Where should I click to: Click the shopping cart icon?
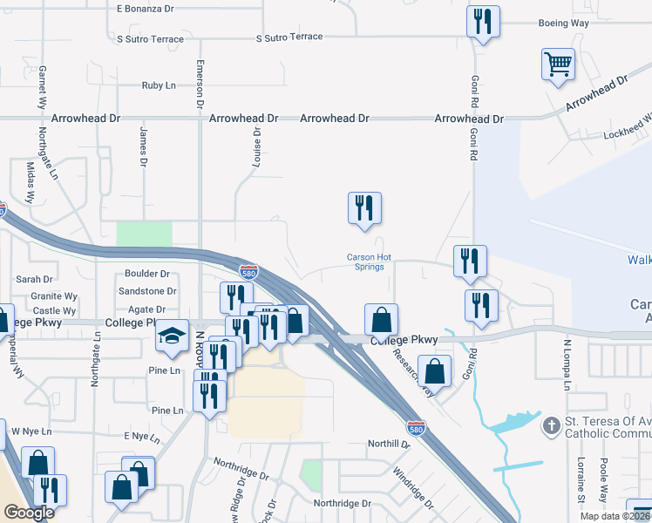[558, 64]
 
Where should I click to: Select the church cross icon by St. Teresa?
[550, 426]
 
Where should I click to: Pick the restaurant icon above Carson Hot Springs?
[364, 207]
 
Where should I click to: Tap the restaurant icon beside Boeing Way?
[483, 21]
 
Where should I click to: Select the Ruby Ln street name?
[160, 86]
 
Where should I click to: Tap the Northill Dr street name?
[388, 444]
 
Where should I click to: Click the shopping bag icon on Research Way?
[434, 370]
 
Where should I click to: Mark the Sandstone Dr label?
[147, 291]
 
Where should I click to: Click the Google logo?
[29, 513]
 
